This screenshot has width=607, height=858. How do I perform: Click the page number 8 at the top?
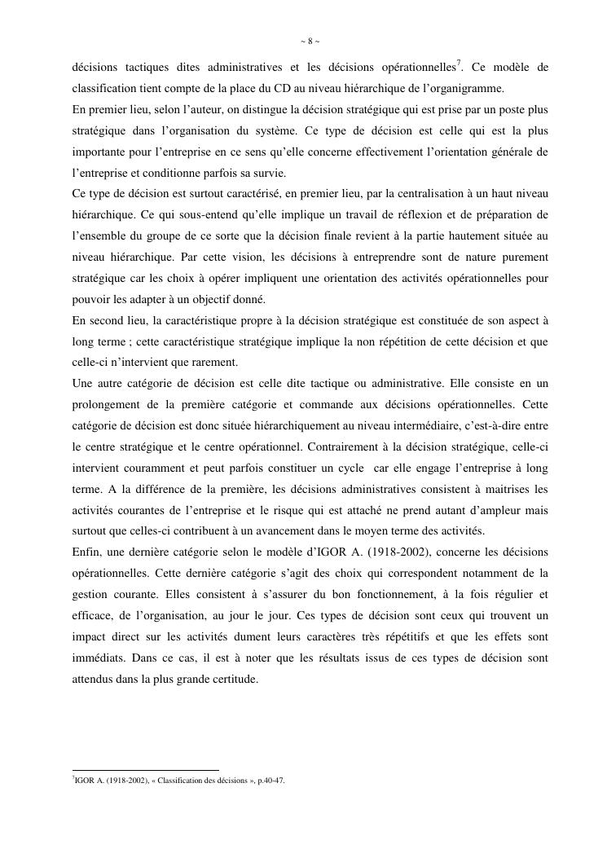point(304,42)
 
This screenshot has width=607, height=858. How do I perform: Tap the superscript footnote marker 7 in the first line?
point(459,63)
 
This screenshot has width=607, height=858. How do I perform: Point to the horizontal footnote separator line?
point(146,769)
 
